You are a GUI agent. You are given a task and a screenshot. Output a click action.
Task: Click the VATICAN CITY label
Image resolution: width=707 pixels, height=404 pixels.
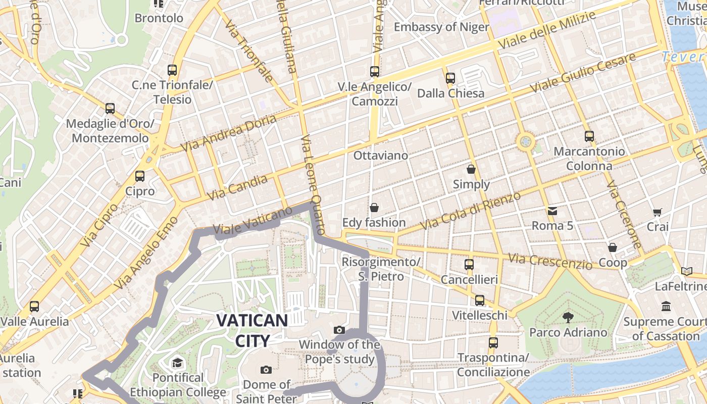click(x=252, y=330)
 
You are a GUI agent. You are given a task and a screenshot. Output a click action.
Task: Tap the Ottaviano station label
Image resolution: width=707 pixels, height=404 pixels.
click(x=380, y=155)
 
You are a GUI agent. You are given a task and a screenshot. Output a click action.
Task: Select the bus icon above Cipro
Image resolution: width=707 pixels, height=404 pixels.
click(x=140, y=176)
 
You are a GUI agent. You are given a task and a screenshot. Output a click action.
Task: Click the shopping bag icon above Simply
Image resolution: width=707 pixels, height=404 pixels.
click(x=471, y=169)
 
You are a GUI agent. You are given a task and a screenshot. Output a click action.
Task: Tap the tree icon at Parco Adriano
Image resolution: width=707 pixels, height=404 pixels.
click(x=568, y=317)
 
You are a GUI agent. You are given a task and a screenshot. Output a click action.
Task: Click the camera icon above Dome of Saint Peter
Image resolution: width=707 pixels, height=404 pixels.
click(x=266, y=370)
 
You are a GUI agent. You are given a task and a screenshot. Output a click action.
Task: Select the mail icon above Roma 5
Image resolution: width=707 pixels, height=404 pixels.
click(x=552, y=211)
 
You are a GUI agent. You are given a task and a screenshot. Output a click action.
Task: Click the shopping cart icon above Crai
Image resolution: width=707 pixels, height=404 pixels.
click(x=657, y=212)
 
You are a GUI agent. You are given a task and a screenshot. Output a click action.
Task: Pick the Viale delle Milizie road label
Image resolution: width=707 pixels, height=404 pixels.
click(x=546, y=30)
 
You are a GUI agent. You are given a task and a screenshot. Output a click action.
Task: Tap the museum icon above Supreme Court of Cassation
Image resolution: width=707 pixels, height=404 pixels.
click(x=666, y=306)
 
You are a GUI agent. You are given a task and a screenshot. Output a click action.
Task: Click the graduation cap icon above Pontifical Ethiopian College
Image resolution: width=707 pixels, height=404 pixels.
click(x=177, y=363)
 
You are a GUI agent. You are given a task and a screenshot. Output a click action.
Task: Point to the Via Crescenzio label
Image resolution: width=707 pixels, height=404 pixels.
click(x=550, y=261)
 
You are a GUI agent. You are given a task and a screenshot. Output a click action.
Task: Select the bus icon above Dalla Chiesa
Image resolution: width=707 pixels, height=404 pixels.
click(x=450, y=78)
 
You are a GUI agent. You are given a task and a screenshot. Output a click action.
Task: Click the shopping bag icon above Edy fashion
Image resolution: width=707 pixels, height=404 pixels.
click(x=374, y=208)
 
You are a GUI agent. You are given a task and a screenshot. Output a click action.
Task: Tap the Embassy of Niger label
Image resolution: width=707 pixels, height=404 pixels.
click(x=441, y=27)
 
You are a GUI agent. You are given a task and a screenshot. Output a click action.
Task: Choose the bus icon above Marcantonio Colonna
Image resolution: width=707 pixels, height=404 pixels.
click(x=589, y=136)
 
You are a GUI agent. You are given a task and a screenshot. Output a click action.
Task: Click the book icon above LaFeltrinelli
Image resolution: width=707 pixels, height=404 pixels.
click(x=686, y=271)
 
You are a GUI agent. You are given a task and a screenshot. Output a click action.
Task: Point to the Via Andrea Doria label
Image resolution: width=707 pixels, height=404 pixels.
click(x=229, y=133)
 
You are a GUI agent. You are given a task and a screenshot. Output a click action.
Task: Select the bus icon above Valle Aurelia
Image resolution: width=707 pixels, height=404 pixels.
click(x=34, y=306)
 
